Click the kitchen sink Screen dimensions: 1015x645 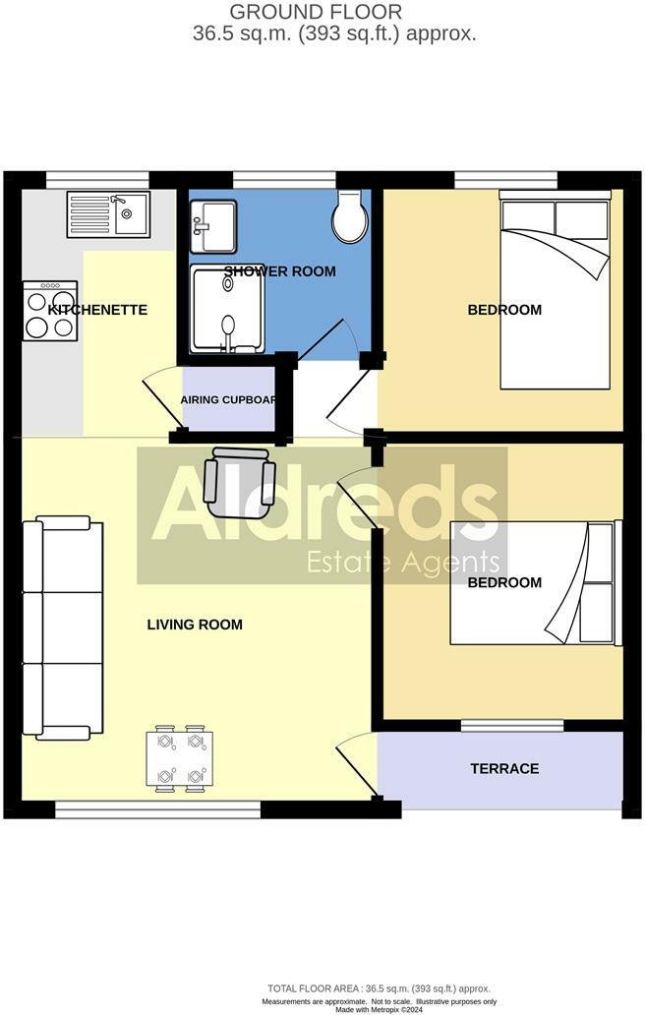click(107, 214)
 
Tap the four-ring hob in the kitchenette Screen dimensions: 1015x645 click(50, 311)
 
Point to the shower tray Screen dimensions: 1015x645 click(227, 309)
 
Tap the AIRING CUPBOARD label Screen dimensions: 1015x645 click(228, 400)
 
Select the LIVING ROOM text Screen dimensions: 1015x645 click(195, 625)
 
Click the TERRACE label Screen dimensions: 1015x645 click(504, 768)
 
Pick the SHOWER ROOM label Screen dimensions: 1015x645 click(279, 271)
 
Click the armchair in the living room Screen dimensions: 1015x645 click(239, 482)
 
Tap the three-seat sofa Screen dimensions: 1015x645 click(63, 627)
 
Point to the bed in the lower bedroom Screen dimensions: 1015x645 click(536, 582)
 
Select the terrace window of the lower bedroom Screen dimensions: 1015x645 click(512, 726)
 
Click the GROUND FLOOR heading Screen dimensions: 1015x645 click(316, 12)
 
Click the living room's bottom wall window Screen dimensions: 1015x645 click(157, 808)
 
